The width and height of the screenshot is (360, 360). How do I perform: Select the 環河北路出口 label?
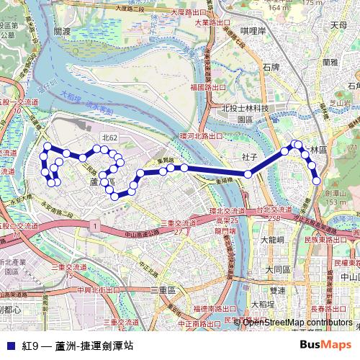pos(202,135)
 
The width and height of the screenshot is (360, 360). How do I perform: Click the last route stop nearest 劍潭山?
pos(316,181)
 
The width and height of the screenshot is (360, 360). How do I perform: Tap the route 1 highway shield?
pos(94,226)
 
